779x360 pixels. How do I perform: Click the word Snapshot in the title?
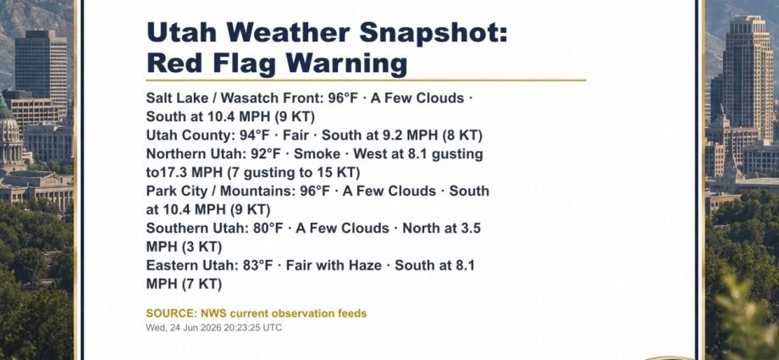click(x=433, y=34)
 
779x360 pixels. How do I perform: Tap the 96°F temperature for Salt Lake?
click(x=343, y=98)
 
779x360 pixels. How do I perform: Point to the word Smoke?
click(x=317, y=154)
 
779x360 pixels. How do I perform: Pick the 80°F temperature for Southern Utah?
click(x=268, y=228)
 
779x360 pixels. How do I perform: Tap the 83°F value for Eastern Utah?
click(x=258, y=265)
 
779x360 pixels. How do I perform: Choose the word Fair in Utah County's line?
click(x=296, y=136)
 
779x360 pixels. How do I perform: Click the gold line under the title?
click(x=366, y=80)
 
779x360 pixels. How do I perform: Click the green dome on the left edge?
click(x=6, y=110)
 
